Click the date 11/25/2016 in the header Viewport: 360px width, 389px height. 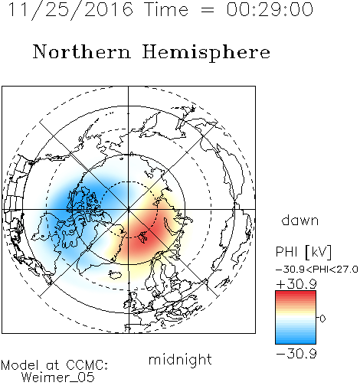pos(70,10)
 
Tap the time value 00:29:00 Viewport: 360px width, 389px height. pos(270,9)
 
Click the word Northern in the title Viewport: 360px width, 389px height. pos(82,51)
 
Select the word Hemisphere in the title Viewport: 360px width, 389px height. pos(206,53)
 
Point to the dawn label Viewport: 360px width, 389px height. pos(300,221)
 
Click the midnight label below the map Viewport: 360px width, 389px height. pos(180,360)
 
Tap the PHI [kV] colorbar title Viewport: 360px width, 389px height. pos(303,252)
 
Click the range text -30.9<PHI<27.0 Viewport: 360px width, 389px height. pos(317,270)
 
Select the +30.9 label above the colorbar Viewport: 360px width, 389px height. pos(296,284)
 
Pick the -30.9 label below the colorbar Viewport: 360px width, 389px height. pos(296,354)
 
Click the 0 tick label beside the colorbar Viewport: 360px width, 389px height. pos(322,319)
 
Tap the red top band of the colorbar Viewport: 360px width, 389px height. pos(296,293)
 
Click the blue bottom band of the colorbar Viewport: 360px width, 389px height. pos(296,341)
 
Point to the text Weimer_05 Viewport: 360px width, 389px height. pos(58,378)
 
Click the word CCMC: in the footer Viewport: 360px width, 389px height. pos(87,365)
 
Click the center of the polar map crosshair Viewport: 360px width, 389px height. pos(129,210)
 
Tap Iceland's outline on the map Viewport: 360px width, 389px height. pos(115,275)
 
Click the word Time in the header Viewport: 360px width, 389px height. pos(166,9)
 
